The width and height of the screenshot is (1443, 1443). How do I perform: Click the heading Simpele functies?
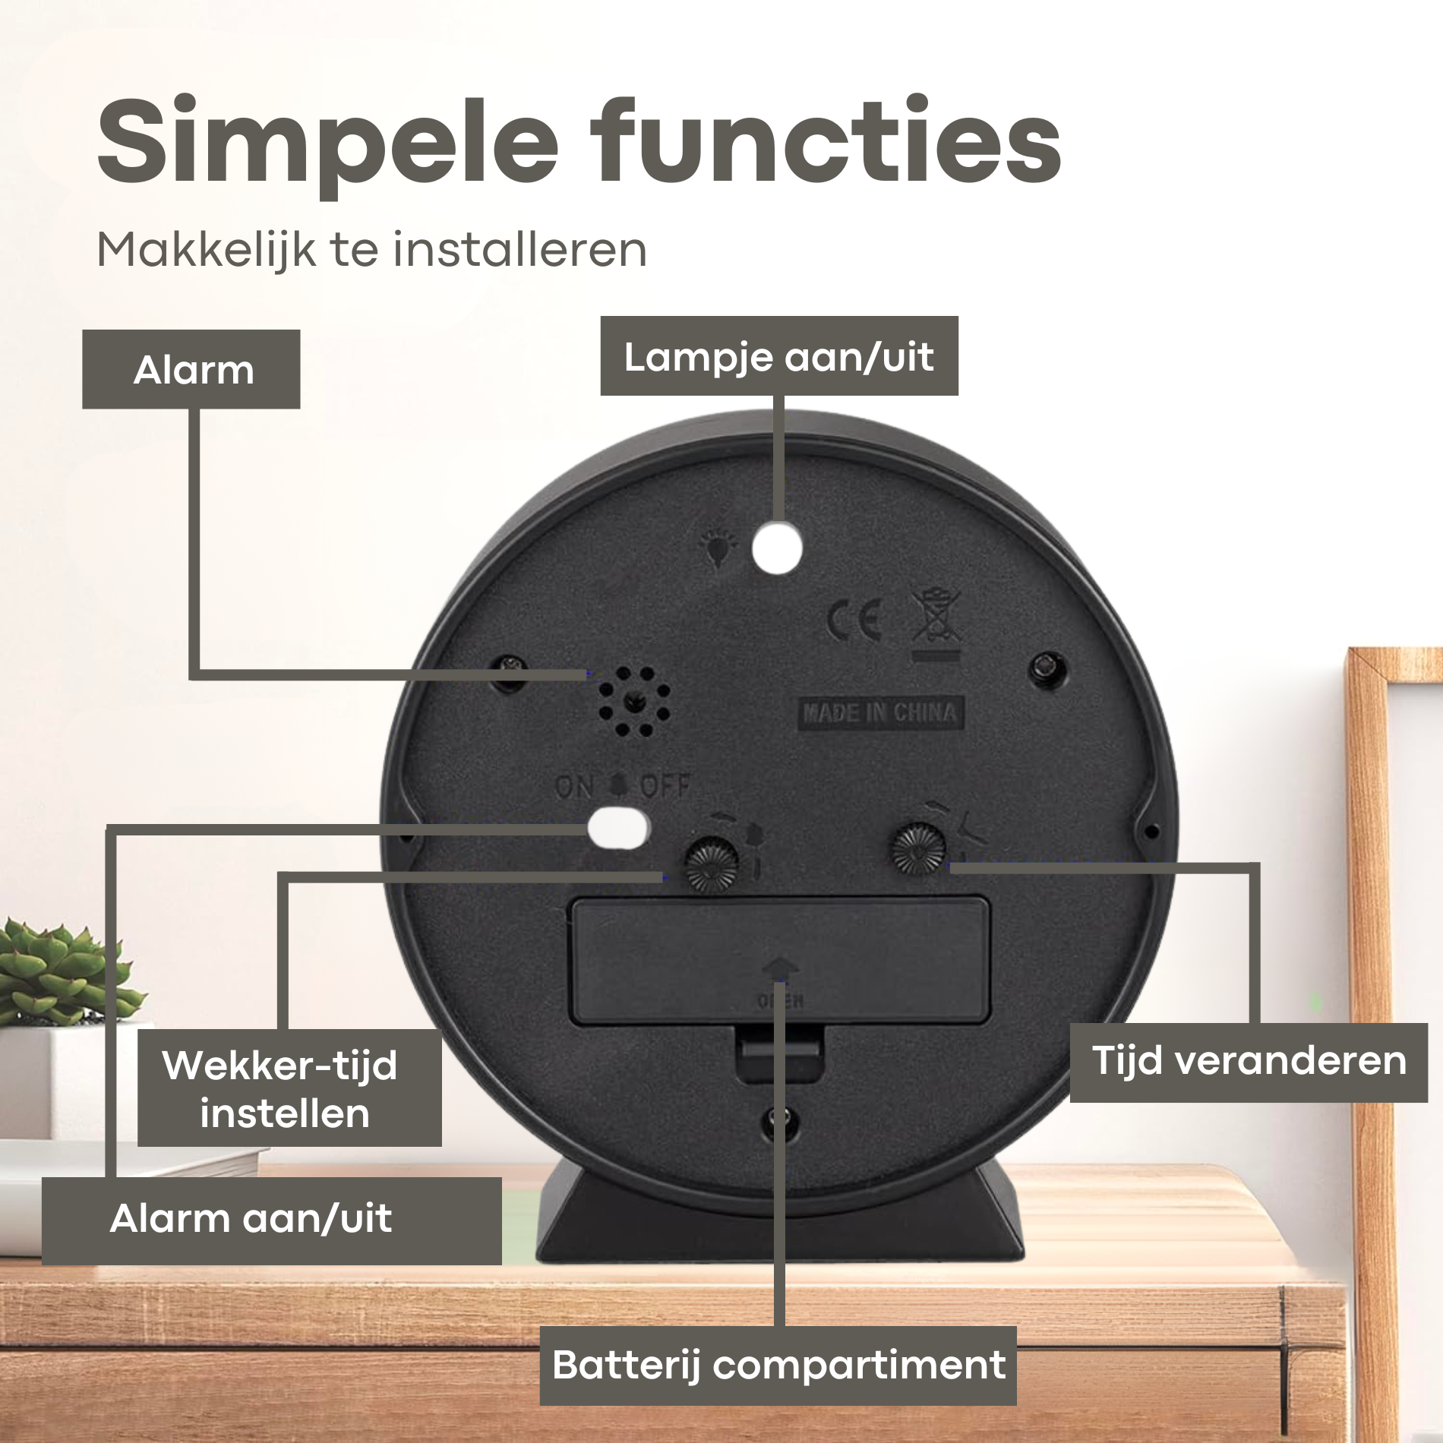[x=579, y=144]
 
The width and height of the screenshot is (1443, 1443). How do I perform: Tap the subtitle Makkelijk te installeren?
[x=371, y=249]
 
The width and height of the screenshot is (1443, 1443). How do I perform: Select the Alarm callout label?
[x=191, y=370]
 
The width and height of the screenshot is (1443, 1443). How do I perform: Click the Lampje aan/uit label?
[x=779, y=356]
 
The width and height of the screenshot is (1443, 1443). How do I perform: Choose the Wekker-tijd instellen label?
[x=289, y=1088]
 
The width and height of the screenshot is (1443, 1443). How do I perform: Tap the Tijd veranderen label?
[x=1249, y=1062]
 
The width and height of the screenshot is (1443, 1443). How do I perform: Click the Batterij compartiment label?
[x=778, y=1365]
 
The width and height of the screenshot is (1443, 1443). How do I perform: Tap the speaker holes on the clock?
[x=633, y=703]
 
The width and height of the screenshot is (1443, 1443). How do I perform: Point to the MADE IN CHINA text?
[x=879, y=712]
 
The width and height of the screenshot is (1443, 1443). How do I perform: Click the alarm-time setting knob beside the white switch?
[x=712, y=863]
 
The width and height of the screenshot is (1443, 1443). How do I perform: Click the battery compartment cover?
[x=781, y=961]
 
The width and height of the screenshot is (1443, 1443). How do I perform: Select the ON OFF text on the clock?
[x=622, y=785]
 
